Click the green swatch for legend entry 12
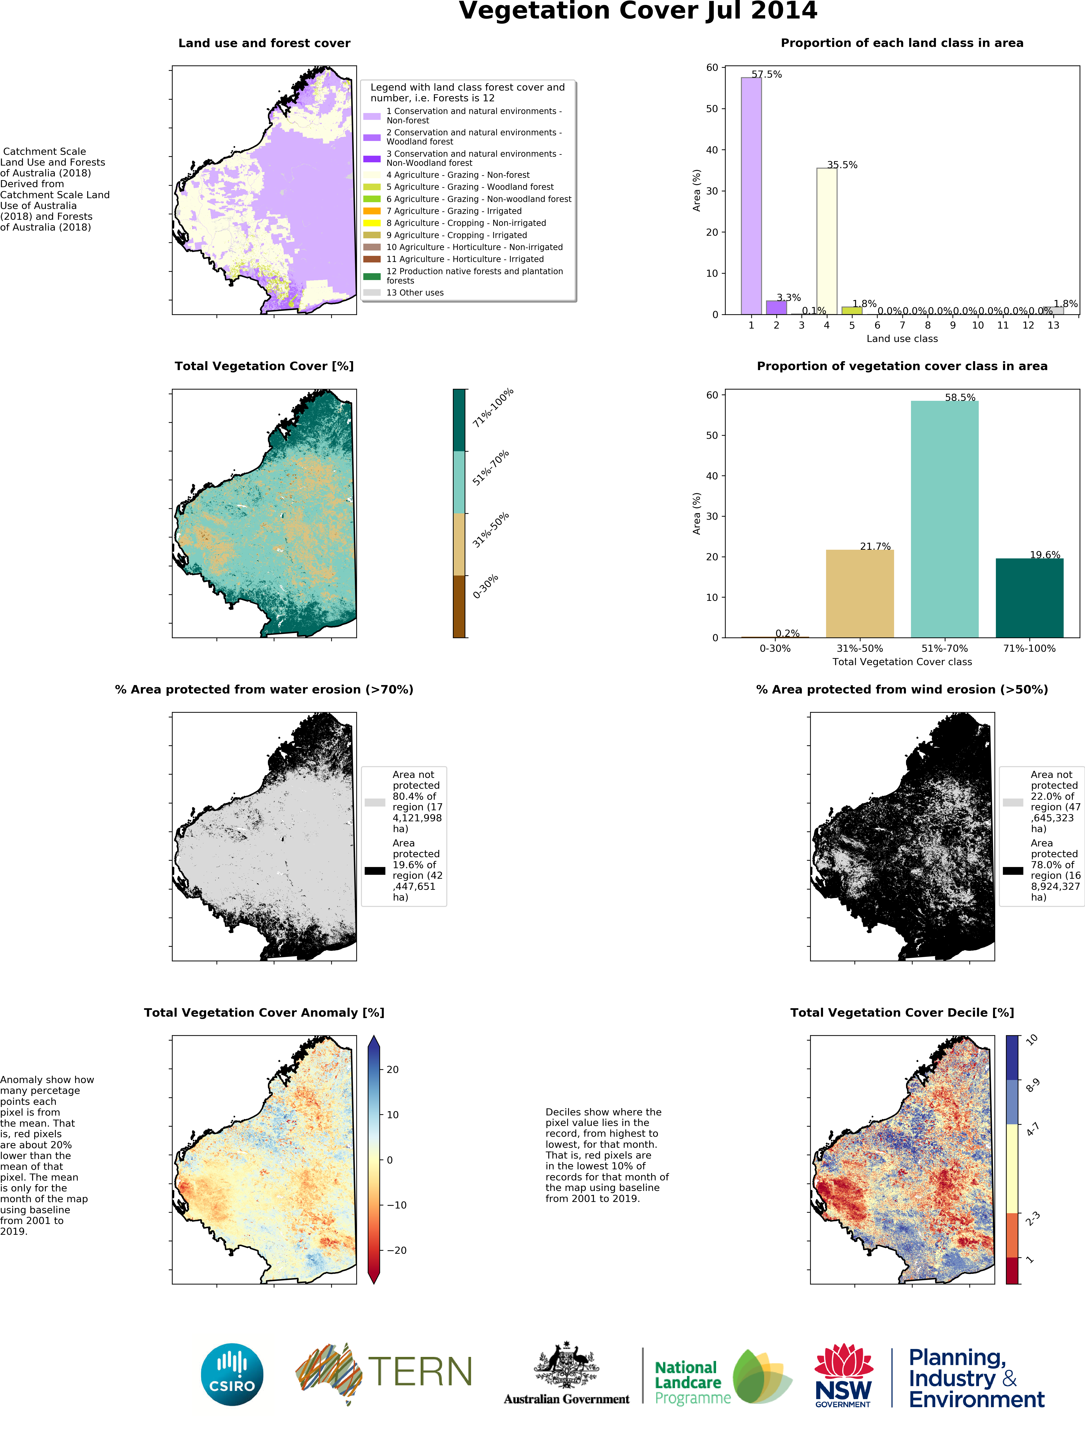click(372, 277)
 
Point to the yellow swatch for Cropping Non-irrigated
click(372, 223)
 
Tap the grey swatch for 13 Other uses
click(372, 293)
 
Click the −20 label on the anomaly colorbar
click(396, 1250)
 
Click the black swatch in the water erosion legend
click(375, 871)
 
